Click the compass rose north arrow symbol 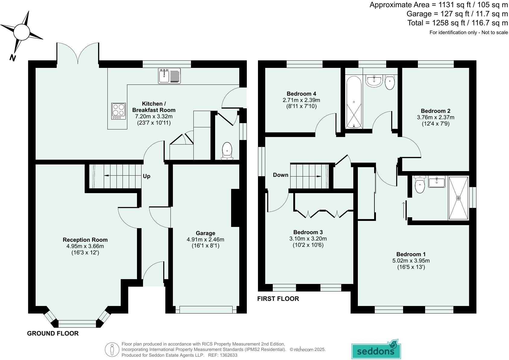click(x=21, y=32)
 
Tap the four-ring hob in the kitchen click(x=119, y=111)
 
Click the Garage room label click(x=205, y=233)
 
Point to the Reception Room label click(x=85, y=240)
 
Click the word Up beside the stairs click(x=147, y=176)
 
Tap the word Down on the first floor click(x=281, y=175)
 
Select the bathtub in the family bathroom click(x=354, y=102)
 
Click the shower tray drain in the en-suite click(x=458, y=198)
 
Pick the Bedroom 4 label click(x=301, y=94)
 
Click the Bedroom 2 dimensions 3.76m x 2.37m click(x=435, y=117)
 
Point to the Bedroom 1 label click(x=411, y=254)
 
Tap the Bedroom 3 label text click(x=308, y=232)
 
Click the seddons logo click(x=376, y=350)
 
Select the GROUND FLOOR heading click(x=53, y=333)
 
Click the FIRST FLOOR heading click(x=278, y=299)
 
